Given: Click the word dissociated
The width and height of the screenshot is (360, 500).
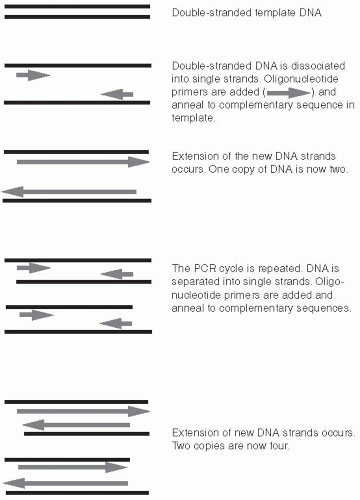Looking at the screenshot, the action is [x=318, y=66].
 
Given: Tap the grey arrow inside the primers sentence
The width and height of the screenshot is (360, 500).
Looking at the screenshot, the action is [x=289, y=92].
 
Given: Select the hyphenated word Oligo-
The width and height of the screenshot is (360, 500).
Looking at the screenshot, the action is [x=329, y=282].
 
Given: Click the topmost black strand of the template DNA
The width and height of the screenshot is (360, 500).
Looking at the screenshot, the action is [x=77, y=6].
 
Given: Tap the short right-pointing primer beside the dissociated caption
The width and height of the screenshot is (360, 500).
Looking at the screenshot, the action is [x=33, y=75].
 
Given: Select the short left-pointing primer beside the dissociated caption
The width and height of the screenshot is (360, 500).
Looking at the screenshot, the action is [x=117, y=94].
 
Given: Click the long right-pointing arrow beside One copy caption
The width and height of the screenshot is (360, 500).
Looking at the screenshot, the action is [x=83, y=162].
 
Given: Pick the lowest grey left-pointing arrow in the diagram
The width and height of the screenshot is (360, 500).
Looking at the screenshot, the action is [x=65, y=483].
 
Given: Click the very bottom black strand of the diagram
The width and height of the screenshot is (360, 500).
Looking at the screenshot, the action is [x=77, y=493].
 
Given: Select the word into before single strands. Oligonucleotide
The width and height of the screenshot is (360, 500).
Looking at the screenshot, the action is [x=180, y=79].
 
